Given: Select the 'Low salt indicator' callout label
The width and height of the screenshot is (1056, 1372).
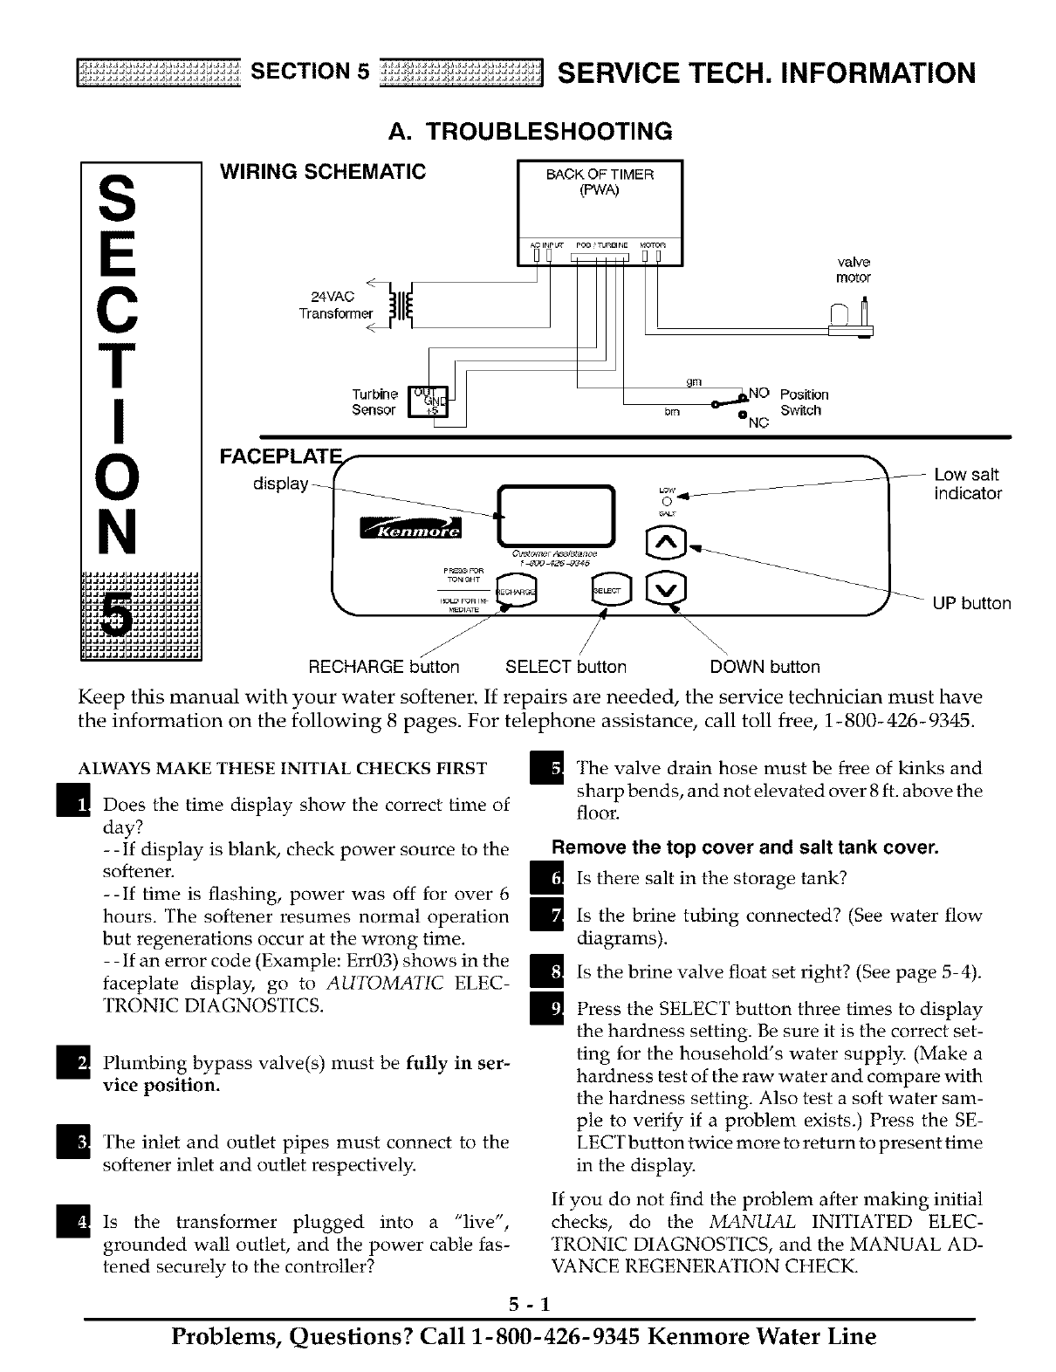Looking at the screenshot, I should coord(967,484).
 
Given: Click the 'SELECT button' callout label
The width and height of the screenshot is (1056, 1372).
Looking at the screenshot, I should coord(566,668).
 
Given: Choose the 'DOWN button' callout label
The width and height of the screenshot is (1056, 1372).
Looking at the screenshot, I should coord(765,668).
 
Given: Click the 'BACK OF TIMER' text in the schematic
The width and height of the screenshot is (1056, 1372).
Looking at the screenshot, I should coord(600,175).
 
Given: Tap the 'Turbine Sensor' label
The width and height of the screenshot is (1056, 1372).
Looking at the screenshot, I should coord(375,402).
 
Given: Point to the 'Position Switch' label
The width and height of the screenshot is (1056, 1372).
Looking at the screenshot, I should coord(804,402).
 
